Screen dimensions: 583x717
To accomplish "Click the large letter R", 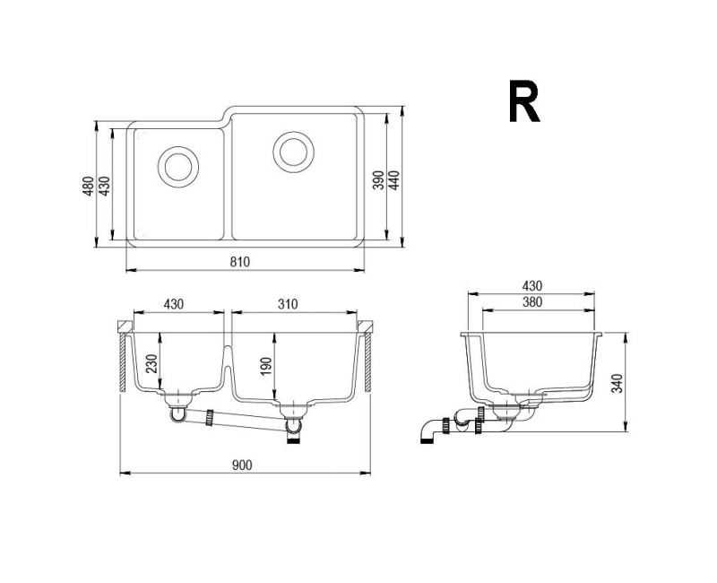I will [524, 102].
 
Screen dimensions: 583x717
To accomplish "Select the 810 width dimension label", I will [238, 261].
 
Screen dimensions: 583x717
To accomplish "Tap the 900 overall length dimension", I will [241, 464].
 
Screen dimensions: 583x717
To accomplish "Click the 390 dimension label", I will [378, 179].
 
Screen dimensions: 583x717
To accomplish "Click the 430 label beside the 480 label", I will [104, 187].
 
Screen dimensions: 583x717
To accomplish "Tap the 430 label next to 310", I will [174, 304].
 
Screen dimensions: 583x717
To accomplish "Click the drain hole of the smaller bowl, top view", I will [176, 166].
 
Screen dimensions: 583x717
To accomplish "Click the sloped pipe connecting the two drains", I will [247, 423].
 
